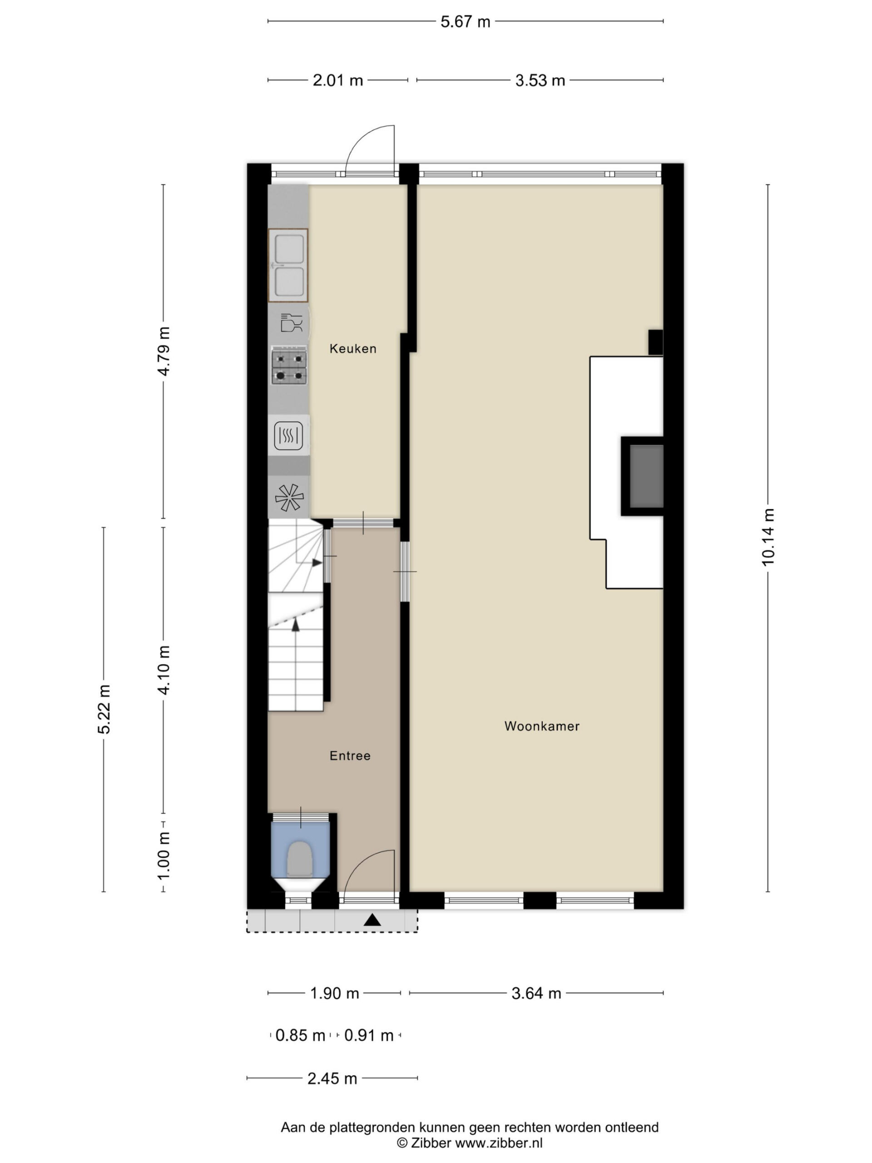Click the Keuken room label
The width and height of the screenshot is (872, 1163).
pyautogui.click(x=353, y=348)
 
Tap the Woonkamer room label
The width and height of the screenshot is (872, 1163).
pyautogui.click(x=542, y=726)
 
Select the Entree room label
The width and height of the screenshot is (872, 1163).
pyautogui.click(x=350, y=755)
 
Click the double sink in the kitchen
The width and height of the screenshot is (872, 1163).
pyautogui.click(x=288, y=265)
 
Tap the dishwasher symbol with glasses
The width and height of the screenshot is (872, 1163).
pyautogui.click(x=291, y=322)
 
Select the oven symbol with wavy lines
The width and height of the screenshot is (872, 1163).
pyautogui.click(x=288, y=436)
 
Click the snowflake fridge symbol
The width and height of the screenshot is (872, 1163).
pyautogui.click(x=289, y=497)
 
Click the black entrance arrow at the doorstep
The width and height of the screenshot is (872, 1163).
pyautogui.click(x=372, y=919)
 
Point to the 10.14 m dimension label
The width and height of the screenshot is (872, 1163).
pyautogui.click(x=768, y=537)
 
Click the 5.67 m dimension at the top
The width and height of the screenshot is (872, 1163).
pyautogui.click(x=465, y=21)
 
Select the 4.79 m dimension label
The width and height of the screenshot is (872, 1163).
pyautogui.click(x=163, y=351)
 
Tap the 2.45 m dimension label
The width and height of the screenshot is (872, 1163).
pyautogui.click(x=332, y=1079)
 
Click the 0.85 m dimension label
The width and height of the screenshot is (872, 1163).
pyautogui.click(x=300, y=1035)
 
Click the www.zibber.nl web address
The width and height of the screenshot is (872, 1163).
pyautogui.click(x=498, y=1143)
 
